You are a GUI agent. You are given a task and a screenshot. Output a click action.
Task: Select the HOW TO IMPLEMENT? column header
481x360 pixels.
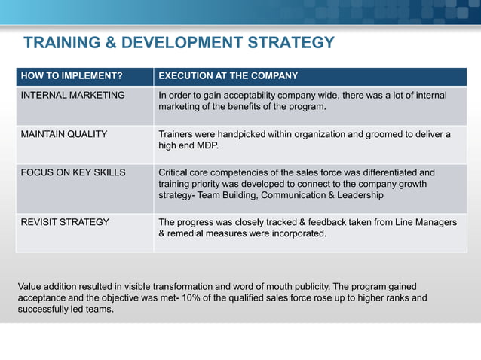[71, 76]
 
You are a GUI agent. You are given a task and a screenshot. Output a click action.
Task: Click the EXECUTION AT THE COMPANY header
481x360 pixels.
[228, 76]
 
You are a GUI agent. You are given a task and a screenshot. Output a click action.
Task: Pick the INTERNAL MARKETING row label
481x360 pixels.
[72, 96]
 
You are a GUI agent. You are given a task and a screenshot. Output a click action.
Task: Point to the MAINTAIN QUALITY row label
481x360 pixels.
[64, 134]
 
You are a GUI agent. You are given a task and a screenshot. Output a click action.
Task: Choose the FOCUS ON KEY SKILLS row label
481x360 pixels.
[73, 172]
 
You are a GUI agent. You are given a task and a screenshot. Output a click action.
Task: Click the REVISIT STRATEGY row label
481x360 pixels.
[65, 222]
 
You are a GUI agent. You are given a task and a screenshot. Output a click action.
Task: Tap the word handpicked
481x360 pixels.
[259, 134]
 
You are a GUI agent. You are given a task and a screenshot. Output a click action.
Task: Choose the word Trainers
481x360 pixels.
[176, 134]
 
